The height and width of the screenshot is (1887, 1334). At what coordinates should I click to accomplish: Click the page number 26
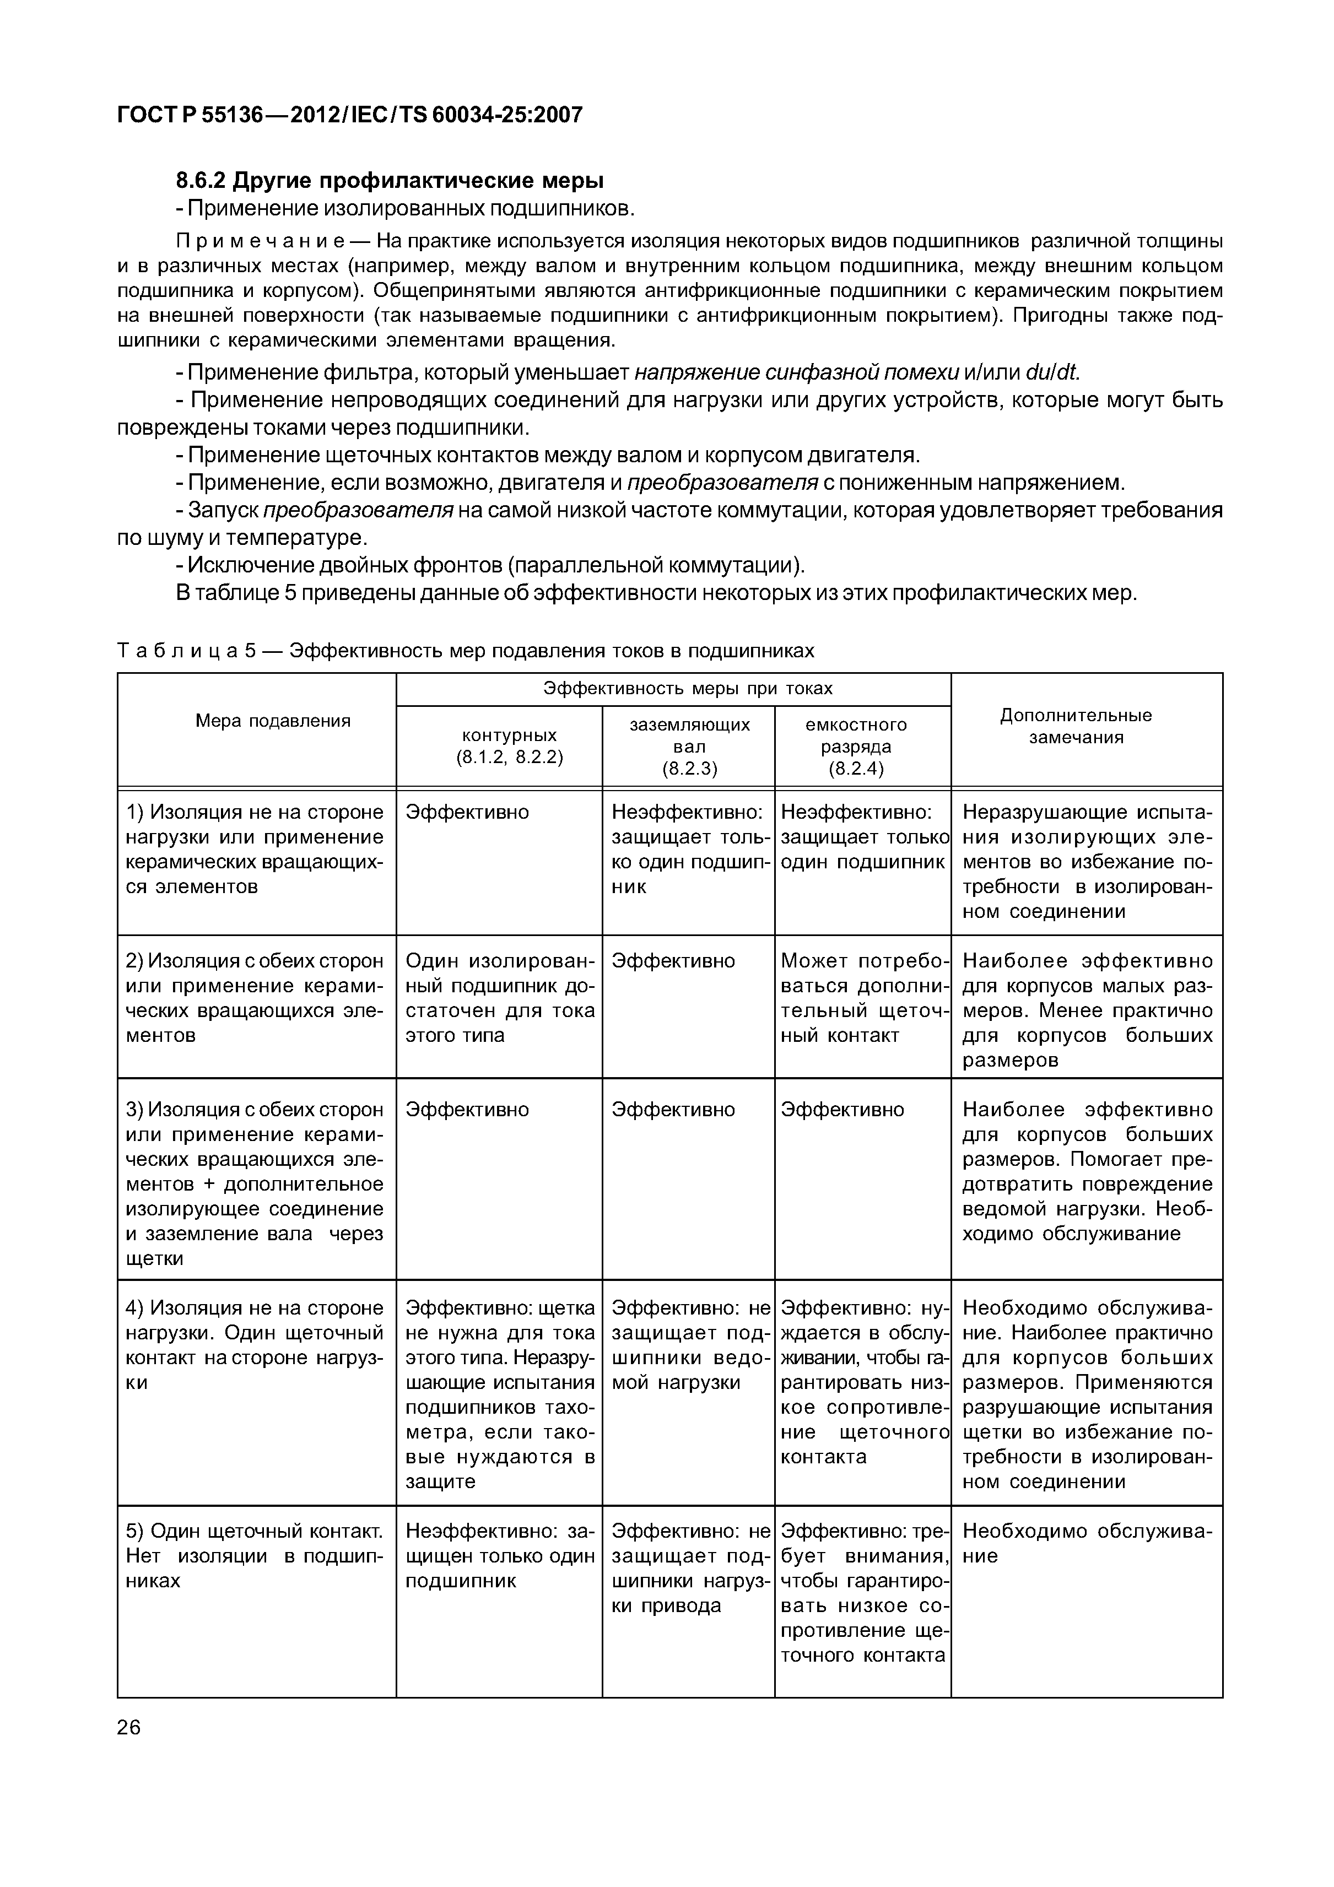pos(129,1727)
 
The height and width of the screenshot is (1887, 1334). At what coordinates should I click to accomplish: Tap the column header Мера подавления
pos(273,721)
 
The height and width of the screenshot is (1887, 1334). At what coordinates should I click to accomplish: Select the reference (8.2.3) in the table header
pos(690,769)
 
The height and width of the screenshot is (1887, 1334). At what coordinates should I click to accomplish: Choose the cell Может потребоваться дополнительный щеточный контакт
pos(863,998)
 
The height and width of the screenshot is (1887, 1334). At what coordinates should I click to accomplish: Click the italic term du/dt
pos(1051,373)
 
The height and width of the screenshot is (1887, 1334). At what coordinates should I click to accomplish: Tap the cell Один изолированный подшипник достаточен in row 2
pos(500,998)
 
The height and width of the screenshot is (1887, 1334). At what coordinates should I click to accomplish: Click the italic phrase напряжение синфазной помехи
pos(796,373)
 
